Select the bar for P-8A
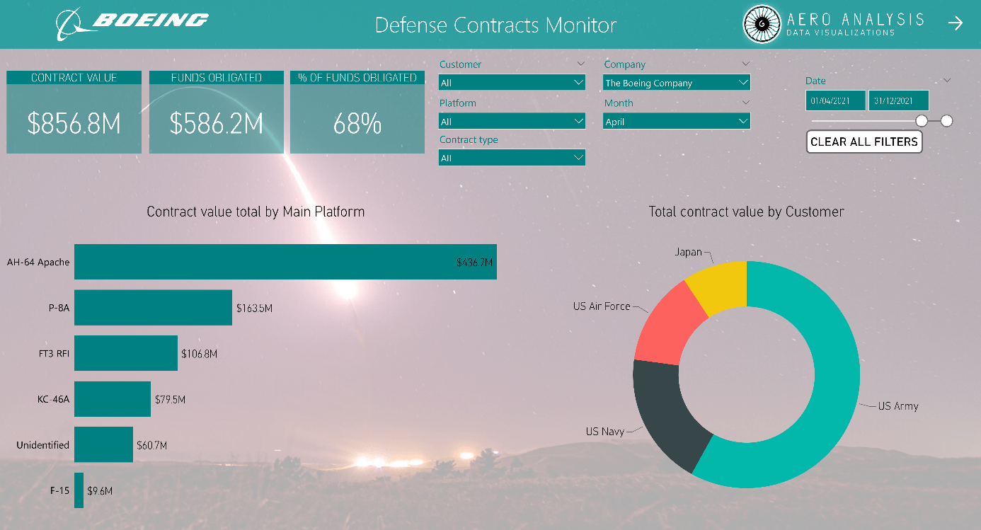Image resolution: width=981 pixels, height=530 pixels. coord(153,308)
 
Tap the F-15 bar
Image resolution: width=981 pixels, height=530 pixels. coord(79,490)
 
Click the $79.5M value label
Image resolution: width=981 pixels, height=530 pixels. coord(170,400)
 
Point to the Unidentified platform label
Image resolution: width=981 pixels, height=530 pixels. coord(43,445)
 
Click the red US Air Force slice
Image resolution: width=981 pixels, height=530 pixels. coord(669,325)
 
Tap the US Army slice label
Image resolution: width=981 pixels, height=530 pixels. coord(897,406)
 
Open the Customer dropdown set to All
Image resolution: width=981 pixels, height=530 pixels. coord(512,83)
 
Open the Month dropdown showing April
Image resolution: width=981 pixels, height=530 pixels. coord(676,122)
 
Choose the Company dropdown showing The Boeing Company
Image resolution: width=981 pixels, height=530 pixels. coord(676,83)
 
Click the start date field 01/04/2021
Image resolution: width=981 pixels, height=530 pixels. coord(835,100)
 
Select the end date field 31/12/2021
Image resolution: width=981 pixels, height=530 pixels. coord(898,100)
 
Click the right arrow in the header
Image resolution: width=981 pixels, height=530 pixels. coord(956,23)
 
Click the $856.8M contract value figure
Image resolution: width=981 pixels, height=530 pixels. coord(74,124)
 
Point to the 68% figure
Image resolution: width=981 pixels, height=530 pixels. coord(357,124)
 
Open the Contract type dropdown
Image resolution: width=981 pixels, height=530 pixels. coord(512,158)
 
